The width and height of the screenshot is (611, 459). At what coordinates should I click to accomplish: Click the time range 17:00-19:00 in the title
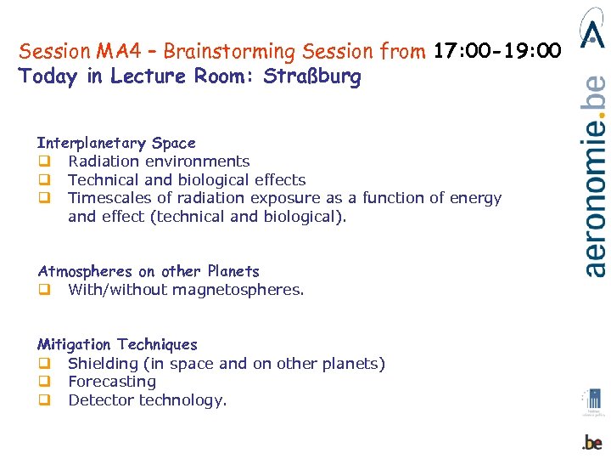click(x=497, y=52)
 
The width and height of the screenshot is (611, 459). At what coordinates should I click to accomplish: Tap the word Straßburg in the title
click(x=312, y=76)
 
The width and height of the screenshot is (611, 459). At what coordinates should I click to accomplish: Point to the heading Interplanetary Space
click(x=116, y=143)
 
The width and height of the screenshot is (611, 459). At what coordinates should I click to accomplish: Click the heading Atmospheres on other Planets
click(x=149, y=271)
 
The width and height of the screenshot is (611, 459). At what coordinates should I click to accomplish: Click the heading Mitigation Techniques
click(x=117, y=344)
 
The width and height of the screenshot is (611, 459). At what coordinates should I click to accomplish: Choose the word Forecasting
click(x=112, y=382)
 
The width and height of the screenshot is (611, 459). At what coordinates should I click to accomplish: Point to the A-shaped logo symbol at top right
click(x=592, y=27)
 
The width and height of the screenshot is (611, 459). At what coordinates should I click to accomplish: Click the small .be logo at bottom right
click(x=592, y=442)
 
